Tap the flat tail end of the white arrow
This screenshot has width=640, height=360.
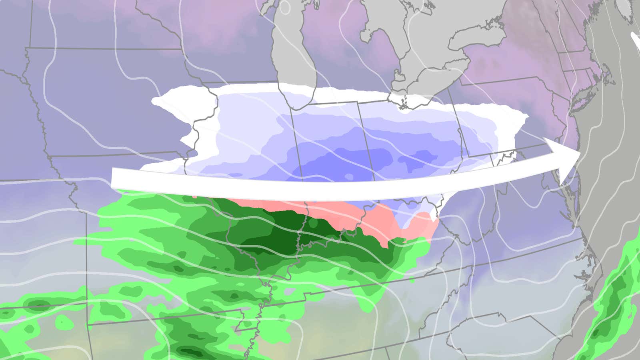112,178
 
